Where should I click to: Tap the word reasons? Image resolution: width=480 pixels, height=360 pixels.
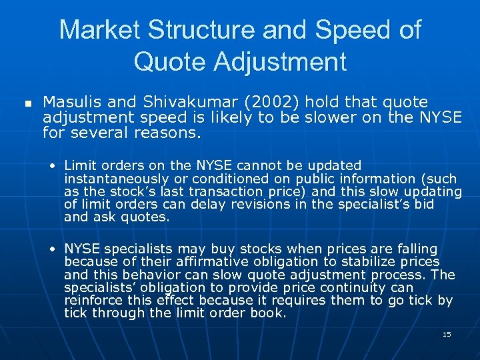[x=167, y=133]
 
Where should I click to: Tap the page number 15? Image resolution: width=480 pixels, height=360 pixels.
[x=447, y=334]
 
